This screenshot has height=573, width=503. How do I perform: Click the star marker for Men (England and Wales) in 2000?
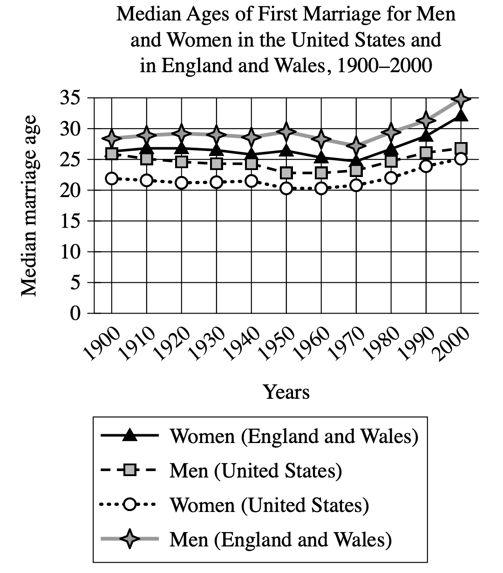pos(461,99)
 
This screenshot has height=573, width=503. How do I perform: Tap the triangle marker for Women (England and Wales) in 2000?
pos(461,115)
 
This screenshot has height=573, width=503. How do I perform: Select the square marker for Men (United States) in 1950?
pos(286,173)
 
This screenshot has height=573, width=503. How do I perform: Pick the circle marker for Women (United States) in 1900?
pos(112,178)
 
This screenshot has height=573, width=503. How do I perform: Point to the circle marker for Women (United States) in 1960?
pos(321,188)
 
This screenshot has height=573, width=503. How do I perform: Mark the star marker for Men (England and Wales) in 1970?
pos(356,146)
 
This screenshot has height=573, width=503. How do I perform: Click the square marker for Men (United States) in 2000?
pos(461,149)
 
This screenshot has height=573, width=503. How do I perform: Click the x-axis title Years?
pos(286,392)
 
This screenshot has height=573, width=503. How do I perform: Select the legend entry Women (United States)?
pos(269,505)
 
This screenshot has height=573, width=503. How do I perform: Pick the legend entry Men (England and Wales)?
pos(280,539)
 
